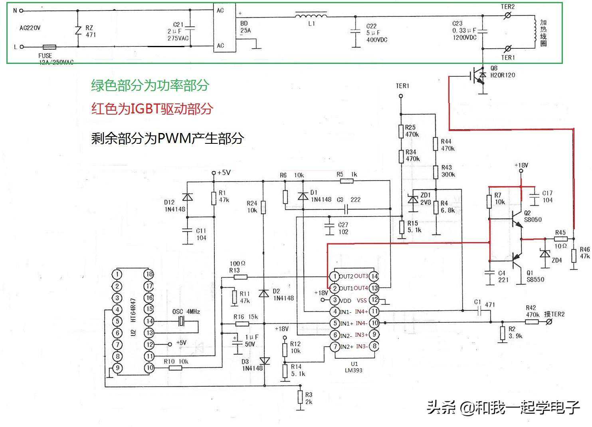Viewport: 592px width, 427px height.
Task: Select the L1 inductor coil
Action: [311, 16]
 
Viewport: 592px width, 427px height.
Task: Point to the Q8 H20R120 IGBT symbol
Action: [479, 76]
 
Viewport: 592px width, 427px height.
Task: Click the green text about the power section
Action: [150, 85]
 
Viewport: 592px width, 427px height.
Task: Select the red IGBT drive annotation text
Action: [152, 109]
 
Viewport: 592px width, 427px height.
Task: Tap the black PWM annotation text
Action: [167, 138]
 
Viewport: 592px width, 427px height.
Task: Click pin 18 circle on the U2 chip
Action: [149, 274]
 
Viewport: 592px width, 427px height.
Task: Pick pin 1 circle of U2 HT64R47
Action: [117, 274]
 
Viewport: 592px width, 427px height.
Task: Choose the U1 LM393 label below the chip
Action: [354, 367]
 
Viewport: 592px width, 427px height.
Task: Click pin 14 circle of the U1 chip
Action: [374, 276]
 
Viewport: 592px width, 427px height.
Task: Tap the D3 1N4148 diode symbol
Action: [264, 361]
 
